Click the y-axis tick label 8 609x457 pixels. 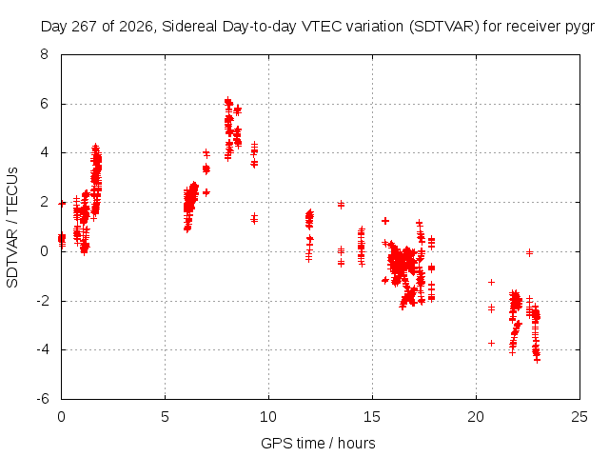(45, 54)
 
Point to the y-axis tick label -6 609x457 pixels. (43, 399)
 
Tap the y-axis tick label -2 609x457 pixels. (43, 301)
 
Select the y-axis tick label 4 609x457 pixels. (45, 152)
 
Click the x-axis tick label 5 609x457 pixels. (165, 417)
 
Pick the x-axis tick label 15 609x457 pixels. (372, 417)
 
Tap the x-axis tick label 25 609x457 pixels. (580, 417)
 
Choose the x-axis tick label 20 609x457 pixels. (476, 417)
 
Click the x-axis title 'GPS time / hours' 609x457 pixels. (318, 443)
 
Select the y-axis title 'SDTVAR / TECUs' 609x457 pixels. (12, 228)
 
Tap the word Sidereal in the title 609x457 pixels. (189, 27)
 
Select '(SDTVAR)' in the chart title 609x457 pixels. (444, 27)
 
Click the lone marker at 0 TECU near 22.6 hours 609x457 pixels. (529, 253)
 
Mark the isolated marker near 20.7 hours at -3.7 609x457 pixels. (491, 343)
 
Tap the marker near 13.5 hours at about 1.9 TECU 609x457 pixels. (341, 205)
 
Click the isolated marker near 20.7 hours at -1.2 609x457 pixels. (491, 282)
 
